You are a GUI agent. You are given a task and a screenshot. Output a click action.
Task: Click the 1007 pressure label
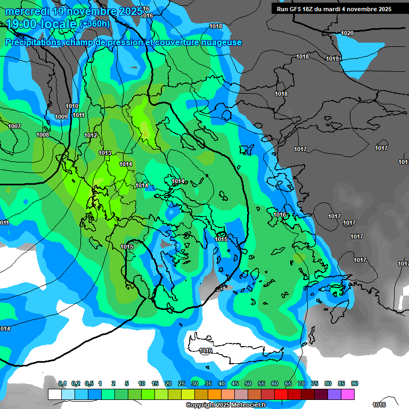pyautogui.click(x=14, y=126)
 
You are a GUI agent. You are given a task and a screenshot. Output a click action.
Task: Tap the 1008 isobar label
pyautogui.click(x=43, y=135)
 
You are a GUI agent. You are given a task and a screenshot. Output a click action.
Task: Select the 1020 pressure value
pyautogui.click(x=347, y=33)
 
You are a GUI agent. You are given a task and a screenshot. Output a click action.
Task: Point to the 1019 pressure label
pyautogui.click(x=332, y=59)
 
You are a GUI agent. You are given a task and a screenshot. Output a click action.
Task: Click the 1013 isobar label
pyautogui.click(x=105, y=153)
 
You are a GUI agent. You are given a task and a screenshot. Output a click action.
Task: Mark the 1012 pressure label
pyautogui.click(x=91, y=135)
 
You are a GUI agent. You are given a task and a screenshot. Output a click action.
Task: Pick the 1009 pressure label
pyautogui.click(x=61, y=117)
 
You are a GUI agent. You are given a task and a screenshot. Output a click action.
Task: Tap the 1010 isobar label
pyautogui.click(x=72, y=106)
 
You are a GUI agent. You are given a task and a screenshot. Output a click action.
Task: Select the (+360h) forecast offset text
pyautogui.click(x=95, y=24)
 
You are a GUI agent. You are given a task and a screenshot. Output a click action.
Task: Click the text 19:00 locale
pyautogui.click(x=42, y=24)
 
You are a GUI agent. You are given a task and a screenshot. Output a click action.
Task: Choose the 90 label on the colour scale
pyautogui.click(x=354, y=383)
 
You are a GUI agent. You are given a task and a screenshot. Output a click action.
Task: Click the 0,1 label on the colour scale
pyautogui.click(x=62, y=383)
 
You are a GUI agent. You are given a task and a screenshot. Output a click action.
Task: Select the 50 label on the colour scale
pyautogui.click(x=248, y=383)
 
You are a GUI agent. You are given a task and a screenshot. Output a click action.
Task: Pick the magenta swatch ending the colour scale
pyautogui.click(x=348, y=394)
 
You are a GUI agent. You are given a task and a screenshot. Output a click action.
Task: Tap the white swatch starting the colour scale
pyautogui.click(x=54, y=394)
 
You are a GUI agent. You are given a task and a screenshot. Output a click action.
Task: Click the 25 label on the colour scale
pyautogui.click(x=182, y=383)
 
